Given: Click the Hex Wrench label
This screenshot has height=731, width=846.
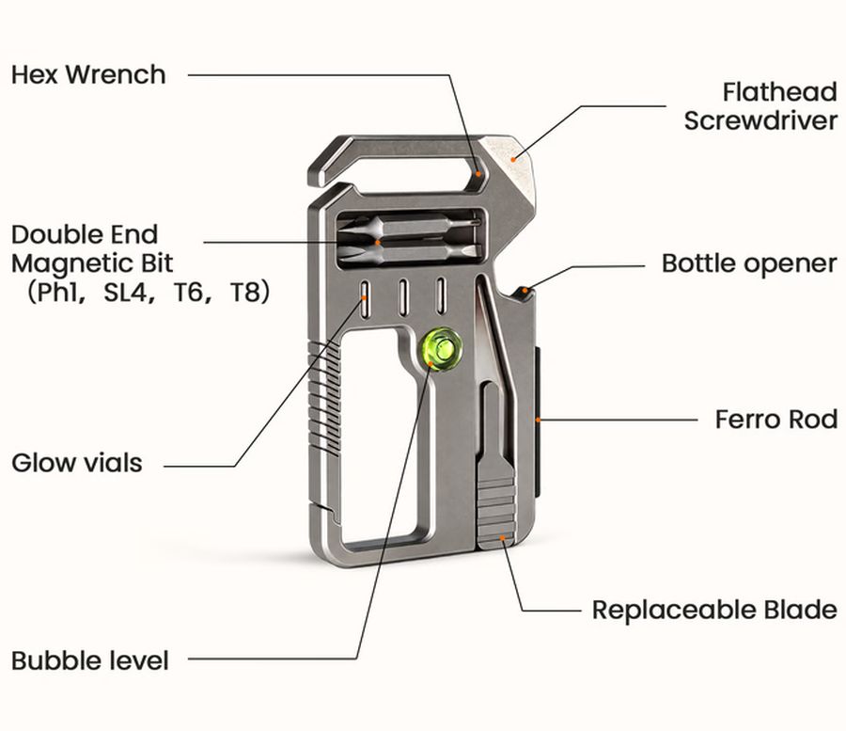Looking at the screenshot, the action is (88, 74).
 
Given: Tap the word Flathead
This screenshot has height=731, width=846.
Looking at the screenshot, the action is (780, 92).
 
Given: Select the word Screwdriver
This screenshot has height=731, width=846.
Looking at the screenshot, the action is (760, 119).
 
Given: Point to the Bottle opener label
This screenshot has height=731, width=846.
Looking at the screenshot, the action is (749, 264).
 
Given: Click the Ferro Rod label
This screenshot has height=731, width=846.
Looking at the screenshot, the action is (776, 420).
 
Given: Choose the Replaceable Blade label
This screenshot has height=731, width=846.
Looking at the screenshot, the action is (715, 610).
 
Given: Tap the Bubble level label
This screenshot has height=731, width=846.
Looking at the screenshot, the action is (90, 660).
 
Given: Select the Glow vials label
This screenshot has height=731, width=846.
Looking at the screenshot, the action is (77, 463).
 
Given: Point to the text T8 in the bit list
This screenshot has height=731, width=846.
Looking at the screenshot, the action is (245, 293).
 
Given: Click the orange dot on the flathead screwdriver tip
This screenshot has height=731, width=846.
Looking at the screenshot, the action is (513, 159).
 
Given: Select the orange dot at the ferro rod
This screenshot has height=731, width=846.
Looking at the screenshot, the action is (538, 419).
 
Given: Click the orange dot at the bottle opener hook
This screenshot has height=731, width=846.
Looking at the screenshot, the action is (526, 290).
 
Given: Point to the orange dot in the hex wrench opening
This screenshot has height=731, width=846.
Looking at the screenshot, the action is (478, 174).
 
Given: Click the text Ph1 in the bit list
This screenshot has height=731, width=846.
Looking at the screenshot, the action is (55, 293).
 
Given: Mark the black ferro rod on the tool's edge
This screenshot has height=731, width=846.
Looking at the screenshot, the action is (538, 421).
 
